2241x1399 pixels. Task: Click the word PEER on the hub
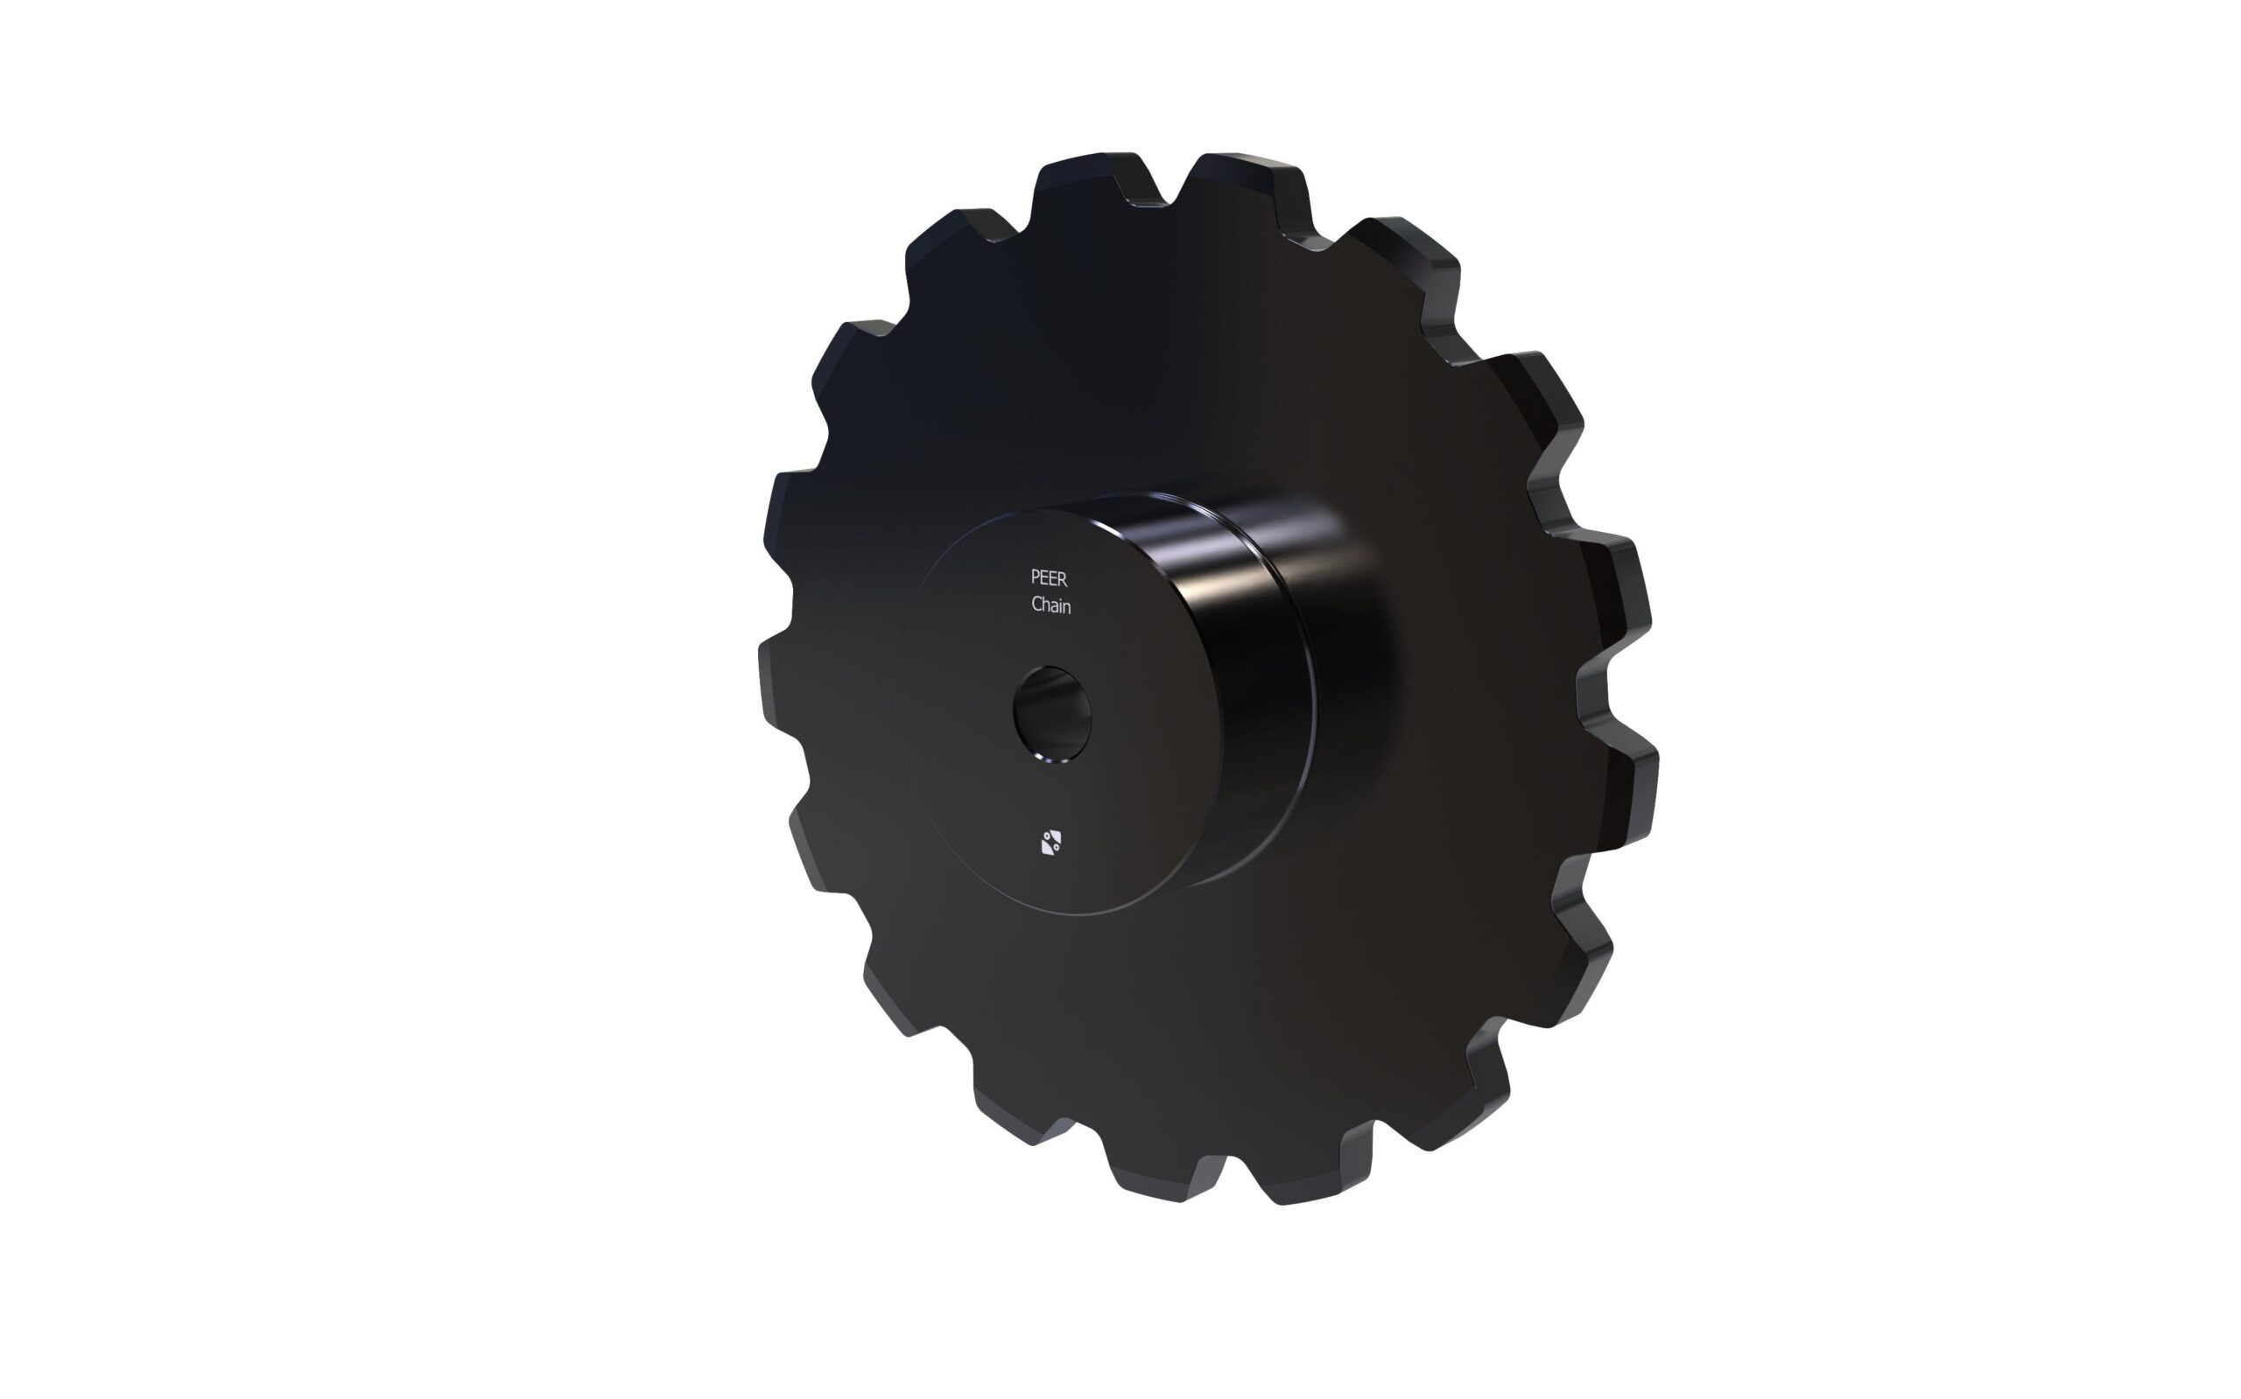pyautogui.click(x=1049, y=578)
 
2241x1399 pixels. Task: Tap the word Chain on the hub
pyautogui.click(x=1050, y=605)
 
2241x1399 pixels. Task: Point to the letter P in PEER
pyautogui.click(x=1035, y=578)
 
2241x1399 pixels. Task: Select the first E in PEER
pyautogui.click(x=1044, y=578)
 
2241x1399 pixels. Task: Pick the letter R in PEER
pyautogui.click(x=1063, y=578)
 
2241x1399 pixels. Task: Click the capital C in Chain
pyautogui.click(x=1036, y=605)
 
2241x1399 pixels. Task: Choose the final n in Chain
pyautogui.click(x=1068, y=607)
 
